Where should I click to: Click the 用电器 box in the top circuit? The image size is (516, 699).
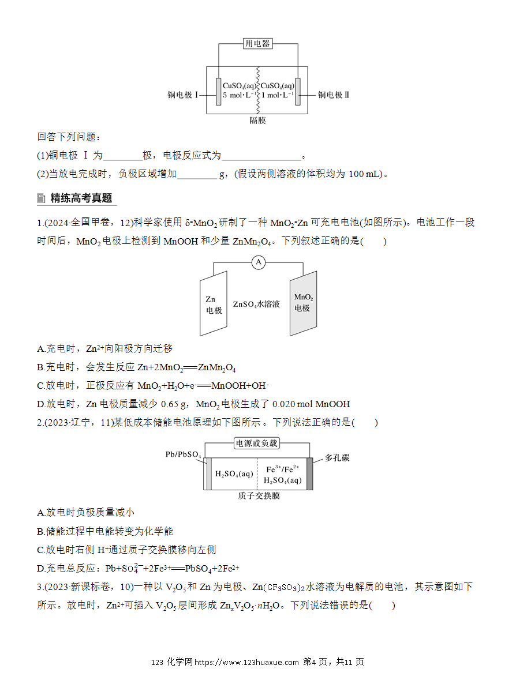[257, 43]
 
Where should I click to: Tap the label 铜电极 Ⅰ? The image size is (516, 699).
[183, 95]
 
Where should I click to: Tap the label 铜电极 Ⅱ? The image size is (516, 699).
[334, 95]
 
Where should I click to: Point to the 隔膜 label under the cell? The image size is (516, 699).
[257, 121]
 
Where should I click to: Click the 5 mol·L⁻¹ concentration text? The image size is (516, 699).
[240, 95]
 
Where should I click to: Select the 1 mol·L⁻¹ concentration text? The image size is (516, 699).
[278, 95]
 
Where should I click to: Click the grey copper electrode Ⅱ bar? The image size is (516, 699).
[298, 92]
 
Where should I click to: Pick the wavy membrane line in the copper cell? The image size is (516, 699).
[258, 90]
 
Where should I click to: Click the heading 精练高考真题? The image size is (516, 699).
[81, 198]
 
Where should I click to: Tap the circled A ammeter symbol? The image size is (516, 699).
[259, 262]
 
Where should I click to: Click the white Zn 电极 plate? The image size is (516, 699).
[214, 303]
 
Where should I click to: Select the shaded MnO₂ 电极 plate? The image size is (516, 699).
[303, 303]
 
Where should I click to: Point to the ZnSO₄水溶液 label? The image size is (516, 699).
[256, 304]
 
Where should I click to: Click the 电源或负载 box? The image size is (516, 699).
[257, 443]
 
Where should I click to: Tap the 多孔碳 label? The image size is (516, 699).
[337, 458]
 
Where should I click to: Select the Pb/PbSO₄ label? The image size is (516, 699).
[184, 454]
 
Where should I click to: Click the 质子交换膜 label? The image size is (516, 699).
[259, 496]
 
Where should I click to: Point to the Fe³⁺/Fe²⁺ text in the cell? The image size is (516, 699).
[283, 469]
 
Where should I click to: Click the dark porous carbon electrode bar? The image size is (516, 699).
[309, 473]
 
